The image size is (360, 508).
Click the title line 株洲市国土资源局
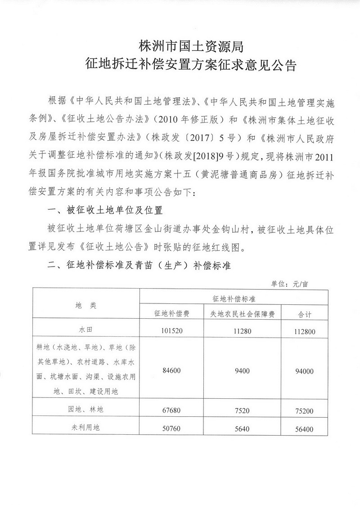point(192,46)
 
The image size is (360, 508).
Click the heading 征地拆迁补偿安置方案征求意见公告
point(192,67)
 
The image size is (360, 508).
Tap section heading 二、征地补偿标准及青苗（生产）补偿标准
point(139,266)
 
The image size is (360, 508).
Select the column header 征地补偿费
point(171,314)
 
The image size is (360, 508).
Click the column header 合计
point(306,314)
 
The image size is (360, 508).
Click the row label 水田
point(86,329)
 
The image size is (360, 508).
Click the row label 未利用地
point(86,428)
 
